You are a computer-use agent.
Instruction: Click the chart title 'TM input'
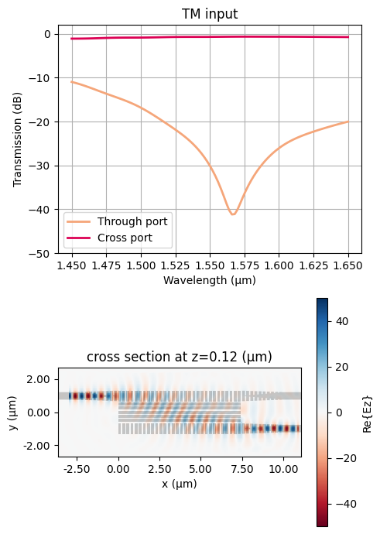point(210,14)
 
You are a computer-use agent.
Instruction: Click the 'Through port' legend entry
point(137,221)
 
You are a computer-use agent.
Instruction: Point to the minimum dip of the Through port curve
point(232,214)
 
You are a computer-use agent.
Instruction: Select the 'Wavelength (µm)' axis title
point(210,280)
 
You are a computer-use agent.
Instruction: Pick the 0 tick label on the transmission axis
point(47,34)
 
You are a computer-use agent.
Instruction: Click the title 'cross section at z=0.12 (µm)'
point(180,356)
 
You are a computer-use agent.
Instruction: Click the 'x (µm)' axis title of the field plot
point(180,483)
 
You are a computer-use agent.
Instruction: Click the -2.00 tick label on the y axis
point(39,446)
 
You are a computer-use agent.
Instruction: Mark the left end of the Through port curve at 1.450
point(72,82)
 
